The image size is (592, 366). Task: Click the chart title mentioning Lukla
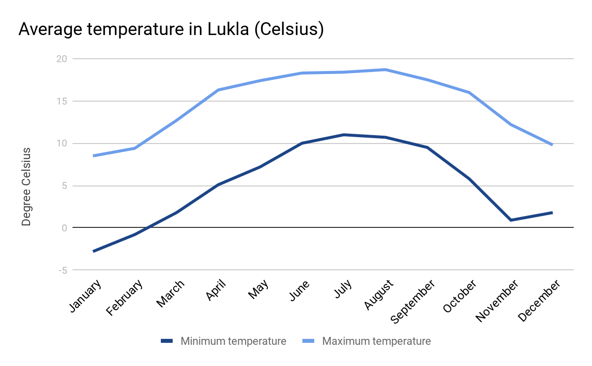tap(171, 29)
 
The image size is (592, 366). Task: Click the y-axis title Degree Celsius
tap(27, 186)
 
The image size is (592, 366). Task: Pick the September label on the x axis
tap(413, 301)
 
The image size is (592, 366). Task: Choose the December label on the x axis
tap(540, 300)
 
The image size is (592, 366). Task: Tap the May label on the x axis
tap(259, 290)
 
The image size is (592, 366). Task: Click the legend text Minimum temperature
tap(233, 341)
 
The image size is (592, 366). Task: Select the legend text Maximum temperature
tap(376, 341)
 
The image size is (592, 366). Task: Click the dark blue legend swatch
tap(167, 341)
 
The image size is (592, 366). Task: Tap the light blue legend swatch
tap(308, 341)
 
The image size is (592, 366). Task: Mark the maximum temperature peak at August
tap(385, 70)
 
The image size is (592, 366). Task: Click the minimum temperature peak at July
tap(343, 135)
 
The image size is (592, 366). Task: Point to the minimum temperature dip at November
tap(511, 220)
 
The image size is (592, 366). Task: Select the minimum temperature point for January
tap(93, 252)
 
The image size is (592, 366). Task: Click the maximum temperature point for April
tap(218, 90)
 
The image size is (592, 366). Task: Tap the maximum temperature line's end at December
tap(552, 145)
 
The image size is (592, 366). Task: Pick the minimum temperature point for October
tap(469, 179)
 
